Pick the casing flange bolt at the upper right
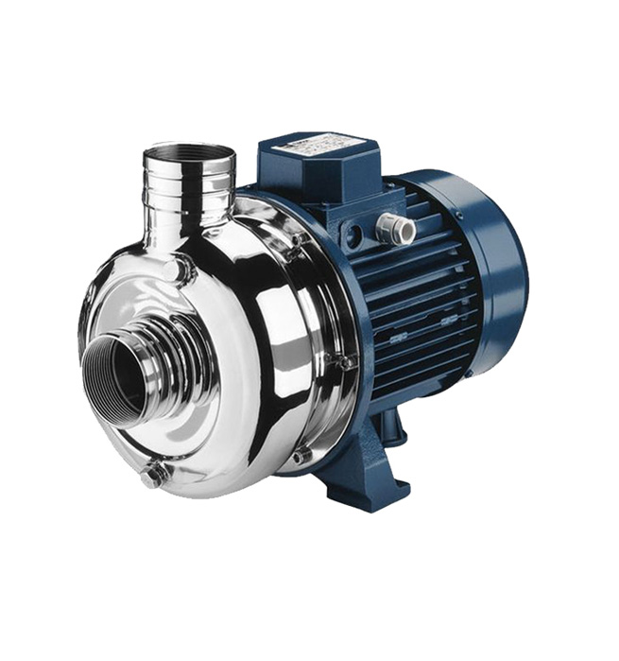click(x=297, y=243)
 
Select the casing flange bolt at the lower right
click(x=301, y=456)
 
